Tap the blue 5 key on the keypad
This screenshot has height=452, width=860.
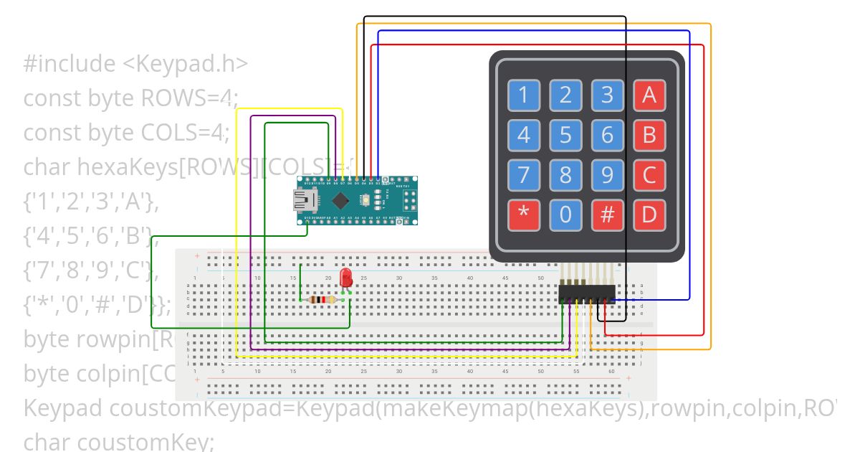(x=565, y=135)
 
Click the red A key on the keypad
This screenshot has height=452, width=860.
(x=649, y=95)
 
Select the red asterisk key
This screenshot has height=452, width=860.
(x=524, y=215)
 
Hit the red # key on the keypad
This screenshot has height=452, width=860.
(x=608, y=215)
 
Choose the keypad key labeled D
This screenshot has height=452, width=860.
(x=649, y=215)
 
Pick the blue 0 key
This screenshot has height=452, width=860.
(x=565, y=215)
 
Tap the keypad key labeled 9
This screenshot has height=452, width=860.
(x=608, y=175)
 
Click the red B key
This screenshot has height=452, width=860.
(x=649, y=135)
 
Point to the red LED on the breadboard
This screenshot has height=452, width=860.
(x=346, y=278)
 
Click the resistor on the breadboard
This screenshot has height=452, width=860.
(x=325, y=300)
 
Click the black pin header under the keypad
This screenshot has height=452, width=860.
(x=586, y=294)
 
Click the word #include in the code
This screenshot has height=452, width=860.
(x=69, y=64)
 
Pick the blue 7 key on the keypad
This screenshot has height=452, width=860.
(x=524, y=175)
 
